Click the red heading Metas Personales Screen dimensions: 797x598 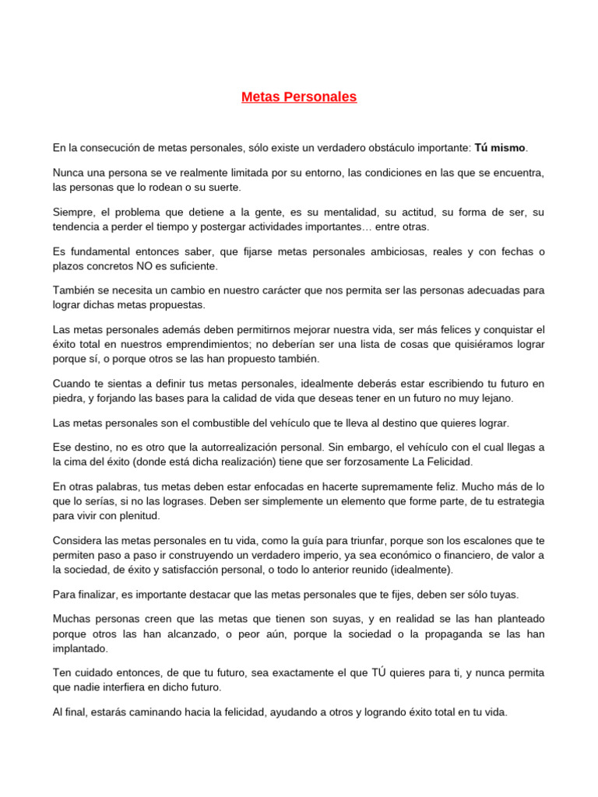click(299, 97)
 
